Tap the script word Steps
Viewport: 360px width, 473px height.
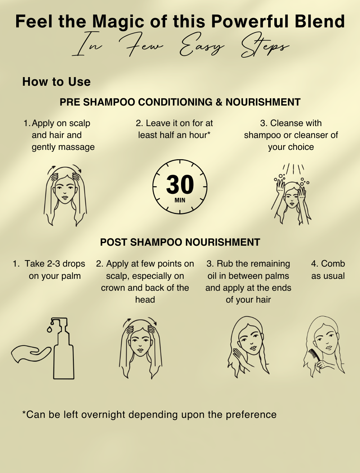(x=265, y=46)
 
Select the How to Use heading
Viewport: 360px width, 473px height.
(x=57, y=82)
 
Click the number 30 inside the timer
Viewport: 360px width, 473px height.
(x=180, y=184)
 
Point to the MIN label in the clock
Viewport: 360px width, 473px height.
(x=180, y=200)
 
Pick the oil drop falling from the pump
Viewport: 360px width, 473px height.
(x=49, y=329)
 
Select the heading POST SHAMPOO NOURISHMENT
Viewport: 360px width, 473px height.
(x=180, y=242)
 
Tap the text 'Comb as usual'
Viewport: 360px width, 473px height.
(x=328, y=270)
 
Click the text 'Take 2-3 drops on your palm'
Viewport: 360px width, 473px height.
(x=49, y=270)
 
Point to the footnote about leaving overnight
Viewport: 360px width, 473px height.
(x=149, y=415)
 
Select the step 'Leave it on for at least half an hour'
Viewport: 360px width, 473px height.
(x=174, y=129)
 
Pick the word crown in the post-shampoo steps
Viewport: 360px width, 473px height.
(x=113, y=288)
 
